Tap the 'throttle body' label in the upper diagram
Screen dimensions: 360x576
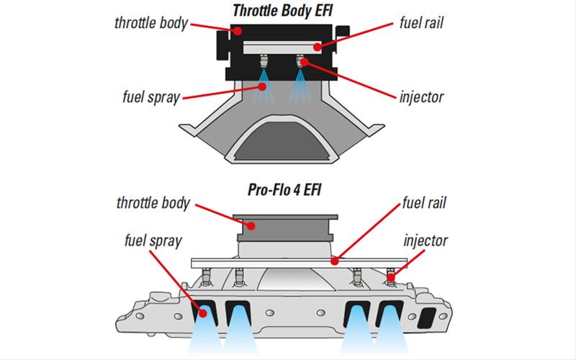[150, 22]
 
